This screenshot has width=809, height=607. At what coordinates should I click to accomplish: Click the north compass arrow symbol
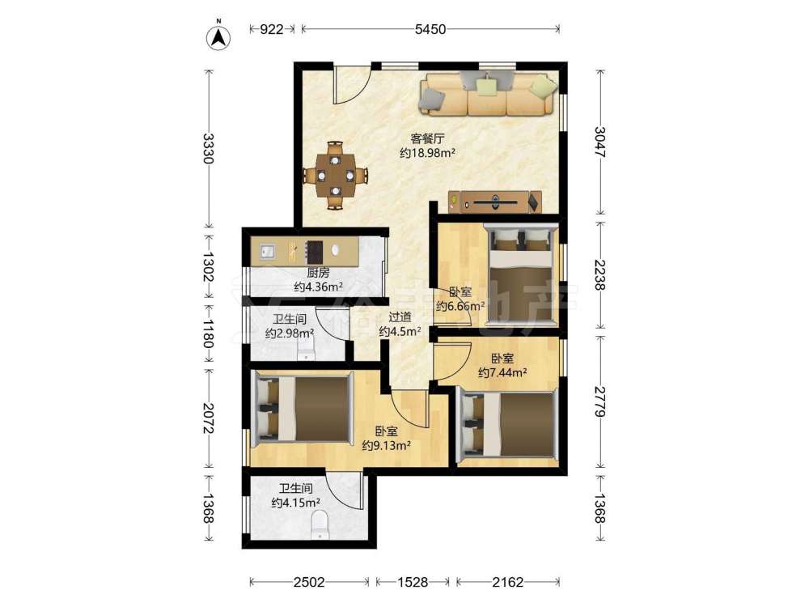click(x=218, y=36)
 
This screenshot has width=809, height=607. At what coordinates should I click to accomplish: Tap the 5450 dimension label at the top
click(x=430, y=29)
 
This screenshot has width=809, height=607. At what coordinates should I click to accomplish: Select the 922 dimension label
click(x=271, y=29)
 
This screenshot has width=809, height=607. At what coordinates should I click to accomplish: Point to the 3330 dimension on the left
click(x=208, y=148)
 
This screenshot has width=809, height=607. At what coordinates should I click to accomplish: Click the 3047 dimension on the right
click(x=599, y=142)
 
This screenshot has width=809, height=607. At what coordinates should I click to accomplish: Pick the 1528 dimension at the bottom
click(x=413, y=582)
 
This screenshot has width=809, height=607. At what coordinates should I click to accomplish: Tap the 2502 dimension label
click(x=309, y=582)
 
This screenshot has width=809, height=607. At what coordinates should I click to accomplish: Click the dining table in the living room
click(x=336, y=176)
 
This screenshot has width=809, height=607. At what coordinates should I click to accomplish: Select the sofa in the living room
click(x=489, y=93)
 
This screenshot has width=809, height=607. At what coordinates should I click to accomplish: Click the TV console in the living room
click(x=495, y=202)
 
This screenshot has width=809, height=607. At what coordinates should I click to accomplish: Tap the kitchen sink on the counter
click(x=267, y=253)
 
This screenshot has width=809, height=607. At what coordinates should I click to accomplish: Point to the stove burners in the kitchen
click(x=314, y=252)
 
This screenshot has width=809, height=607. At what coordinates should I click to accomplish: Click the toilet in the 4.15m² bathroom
click(x=320, y=524)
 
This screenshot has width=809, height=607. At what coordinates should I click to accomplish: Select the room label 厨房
click(x=318, y=273)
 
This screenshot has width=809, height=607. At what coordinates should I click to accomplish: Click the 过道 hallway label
click(x=400, y=317)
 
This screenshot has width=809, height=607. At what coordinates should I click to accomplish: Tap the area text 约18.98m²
click(x=427, y=153)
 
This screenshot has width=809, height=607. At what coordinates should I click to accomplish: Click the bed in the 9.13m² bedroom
click(x=302, y=410)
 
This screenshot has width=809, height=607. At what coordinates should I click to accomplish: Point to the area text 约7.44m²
click(x=502, y=372)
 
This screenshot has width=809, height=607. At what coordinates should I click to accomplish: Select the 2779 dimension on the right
click(x=599, y=401)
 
